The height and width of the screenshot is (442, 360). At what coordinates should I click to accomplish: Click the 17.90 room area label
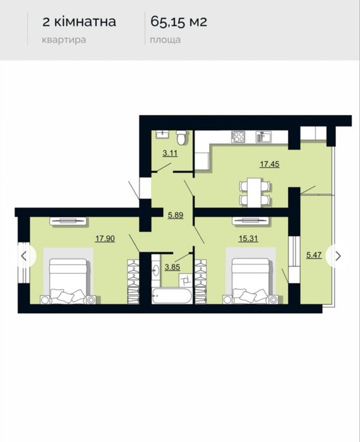point(105,239)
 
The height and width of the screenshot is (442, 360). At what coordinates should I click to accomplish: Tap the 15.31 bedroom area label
point(248,239)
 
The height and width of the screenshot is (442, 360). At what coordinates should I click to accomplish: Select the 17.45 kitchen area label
point(270,164)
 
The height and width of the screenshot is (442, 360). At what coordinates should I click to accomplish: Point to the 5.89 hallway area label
point(176,215)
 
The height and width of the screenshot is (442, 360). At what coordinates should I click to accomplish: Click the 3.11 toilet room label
point(170,153)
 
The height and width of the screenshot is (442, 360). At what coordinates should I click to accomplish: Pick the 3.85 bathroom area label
point(172,266)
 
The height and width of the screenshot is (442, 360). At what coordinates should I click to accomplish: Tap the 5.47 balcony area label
point(314,255)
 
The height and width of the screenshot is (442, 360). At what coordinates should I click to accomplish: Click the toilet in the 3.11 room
point(181,137)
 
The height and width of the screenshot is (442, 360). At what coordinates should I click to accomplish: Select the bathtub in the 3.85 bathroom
point(172,296)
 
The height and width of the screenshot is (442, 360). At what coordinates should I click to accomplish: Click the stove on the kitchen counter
point(238,137)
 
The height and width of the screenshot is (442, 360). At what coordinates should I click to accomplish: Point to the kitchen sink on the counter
point(263,137)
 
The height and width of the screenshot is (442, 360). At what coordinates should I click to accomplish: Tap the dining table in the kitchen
point(255,192)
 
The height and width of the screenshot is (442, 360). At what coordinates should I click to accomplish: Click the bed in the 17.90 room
point(68,281)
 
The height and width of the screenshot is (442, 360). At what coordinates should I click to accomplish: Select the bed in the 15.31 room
point(251,281)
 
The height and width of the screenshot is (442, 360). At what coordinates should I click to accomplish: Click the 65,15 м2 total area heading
point(179,21)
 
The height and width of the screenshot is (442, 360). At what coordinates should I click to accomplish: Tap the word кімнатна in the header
point(85,21)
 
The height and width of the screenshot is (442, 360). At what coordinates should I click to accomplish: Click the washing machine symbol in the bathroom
point(186,280)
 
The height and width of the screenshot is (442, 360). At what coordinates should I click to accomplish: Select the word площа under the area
point(165,40)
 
